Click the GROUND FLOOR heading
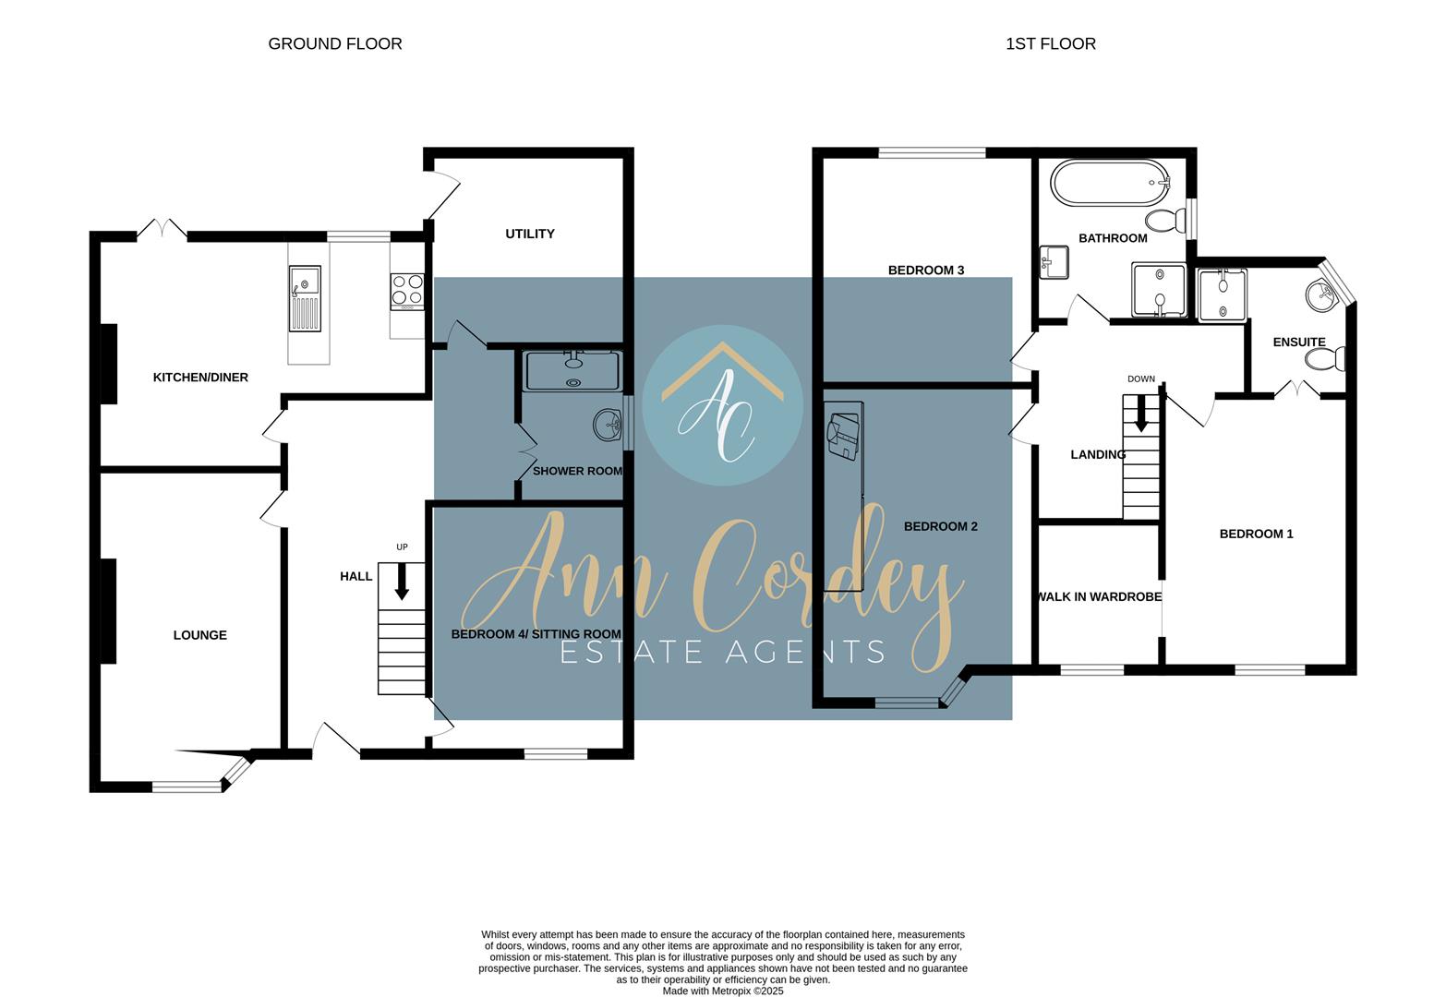[x=334, y=43]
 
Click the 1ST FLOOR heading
[x=1050, y=43]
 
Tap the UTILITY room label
[x=530, y=234]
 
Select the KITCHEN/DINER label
[x=200, y=377]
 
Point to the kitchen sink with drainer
[x=305, y=298]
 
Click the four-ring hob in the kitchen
[x=407, y=289]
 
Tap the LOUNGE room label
[x=199, y=635]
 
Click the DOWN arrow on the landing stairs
[x=1141, y=413]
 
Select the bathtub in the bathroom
[x=1109, y=184]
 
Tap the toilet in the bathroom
[x=1165, y=220]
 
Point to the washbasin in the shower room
[x=608, y=426]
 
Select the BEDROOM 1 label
[x=1256, y=534]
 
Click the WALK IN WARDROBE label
[x=1099, y=596]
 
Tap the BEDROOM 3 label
[x=925, y=270]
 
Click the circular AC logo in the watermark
[x=722, y=405]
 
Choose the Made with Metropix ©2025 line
[x=723, y=991]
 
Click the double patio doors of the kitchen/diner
[x=163, y=231]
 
